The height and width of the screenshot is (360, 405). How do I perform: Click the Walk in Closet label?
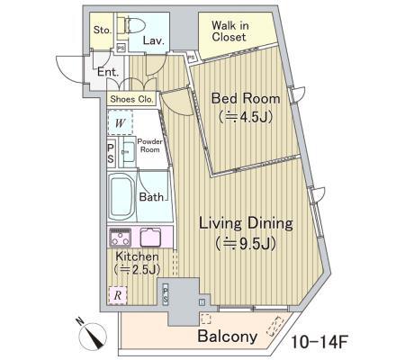(x=229, y=31)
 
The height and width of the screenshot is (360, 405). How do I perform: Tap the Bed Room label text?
(x=246, y=98)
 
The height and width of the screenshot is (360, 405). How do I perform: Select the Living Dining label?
(x=246, y=224)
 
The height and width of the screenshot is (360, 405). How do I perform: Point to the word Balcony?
(x=228, y=337)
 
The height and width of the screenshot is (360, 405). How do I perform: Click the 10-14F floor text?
(x=319, y=342)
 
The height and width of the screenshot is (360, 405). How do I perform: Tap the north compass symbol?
(x=94, y=337)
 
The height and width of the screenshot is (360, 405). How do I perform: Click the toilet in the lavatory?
(x=130, y=25)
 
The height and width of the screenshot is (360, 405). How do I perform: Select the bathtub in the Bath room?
(x=121, y=196)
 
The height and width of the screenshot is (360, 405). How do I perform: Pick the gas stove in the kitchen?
(x=121, y=237)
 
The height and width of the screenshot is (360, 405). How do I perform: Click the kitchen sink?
(x=150, y=237)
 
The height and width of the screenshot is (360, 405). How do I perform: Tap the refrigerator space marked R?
(x=118, y=295)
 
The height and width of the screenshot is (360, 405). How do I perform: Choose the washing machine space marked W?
(x=120, y=122)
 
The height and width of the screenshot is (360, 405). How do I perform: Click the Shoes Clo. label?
(x=131, y=99)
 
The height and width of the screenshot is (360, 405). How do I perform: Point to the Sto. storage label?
(x=103, y=30)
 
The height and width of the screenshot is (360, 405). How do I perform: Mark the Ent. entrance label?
(x=108, y=72)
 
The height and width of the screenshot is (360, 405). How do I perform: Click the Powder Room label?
(x=149, y=146)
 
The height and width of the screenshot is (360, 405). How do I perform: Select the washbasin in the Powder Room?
(x=129, y=152)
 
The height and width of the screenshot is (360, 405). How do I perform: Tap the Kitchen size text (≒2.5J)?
(x=137, y=270)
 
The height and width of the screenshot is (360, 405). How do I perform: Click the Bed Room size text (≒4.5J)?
(x=246, y=116)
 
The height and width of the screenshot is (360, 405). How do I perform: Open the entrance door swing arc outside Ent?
(x=65, y=70)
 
